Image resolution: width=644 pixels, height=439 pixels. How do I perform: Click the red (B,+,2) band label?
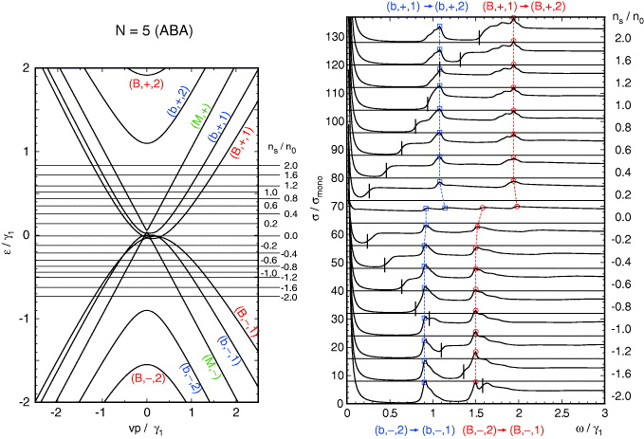click(145, 83)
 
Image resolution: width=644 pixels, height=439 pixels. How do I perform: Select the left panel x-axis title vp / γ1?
click(146, 431)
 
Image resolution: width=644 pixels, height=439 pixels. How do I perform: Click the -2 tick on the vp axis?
click(57, 415)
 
